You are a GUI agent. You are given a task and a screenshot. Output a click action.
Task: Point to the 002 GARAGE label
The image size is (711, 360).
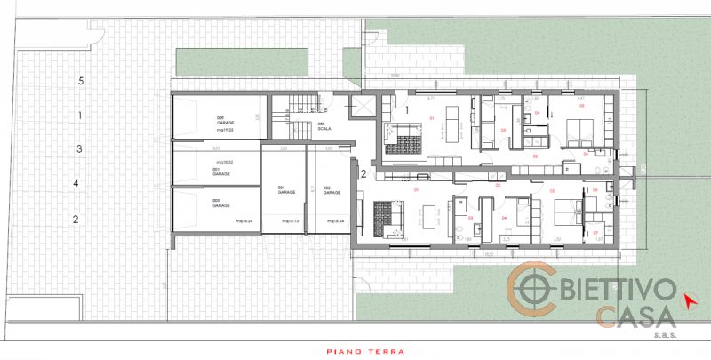coord(330,189)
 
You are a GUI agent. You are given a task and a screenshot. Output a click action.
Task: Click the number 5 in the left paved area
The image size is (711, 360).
coord(81,81)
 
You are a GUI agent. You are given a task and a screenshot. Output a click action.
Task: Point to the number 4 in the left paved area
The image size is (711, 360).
coord(76,183)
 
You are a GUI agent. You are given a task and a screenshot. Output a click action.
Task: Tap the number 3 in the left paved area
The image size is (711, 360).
coord(79,149)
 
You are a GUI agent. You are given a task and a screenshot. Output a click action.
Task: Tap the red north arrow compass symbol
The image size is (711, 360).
coord(689,300)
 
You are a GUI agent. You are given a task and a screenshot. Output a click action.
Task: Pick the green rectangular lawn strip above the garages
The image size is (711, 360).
coord(241,61)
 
